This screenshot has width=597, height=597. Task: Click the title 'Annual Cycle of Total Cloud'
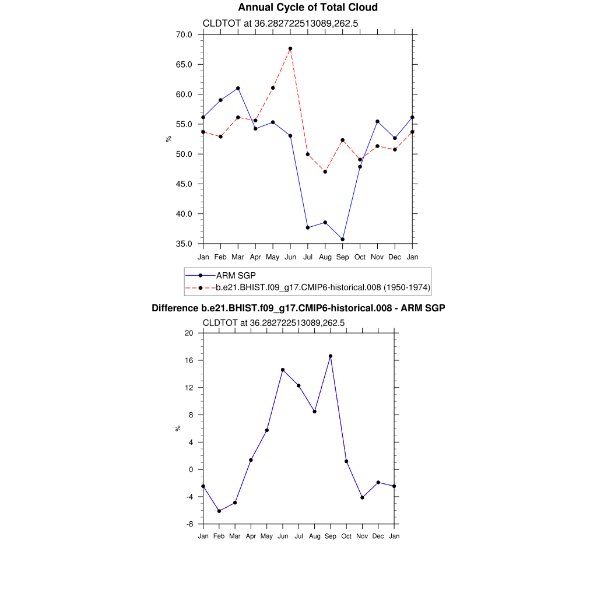click(x=308, y=8)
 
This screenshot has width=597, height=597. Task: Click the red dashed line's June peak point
click(x=290, y=48)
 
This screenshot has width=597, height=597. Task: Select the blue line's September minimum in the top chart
click(x=343, y=239)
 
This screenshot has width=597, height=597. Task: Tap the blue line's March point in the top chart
click(x=238, y=88)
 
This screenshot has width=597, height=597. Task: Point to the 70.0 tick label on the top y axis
click(x=185, y=34)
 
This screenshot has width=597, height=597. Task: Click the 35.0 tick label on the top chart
click(x=185, y=244)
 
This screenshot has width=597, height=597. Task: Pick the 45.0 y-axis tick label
click(x=185, y=184)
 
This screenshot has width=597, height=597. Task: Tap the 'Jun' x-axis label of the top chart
click(x=290, y=257)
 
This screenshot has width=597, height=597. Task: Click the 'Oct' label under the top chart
click(x=360, y=257)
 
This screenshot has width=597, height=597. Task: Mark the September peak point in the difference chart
click(x=331, y=356)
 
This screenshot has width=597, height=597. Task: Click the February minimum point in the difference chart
click(x=219, y=511)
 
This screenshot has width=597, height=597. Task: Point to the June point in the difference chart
click(x=283, y=370)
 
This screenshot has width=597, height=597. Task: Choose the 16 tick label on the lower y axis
click(x=189, y=360)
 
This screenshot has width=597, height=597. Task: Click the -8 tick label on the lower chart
click(x=189, y=524)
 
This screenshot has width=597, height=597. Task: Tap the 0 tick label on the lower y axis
click(x=191, y=469)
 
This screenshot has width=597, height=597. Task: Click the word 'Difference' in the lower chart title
click(x=171, y=308)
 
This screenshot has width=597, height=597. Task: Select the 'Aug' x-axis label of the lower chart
click(x=315, y=536)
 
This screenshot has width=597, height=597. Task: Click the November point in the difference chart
click(x=363, y=497)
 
